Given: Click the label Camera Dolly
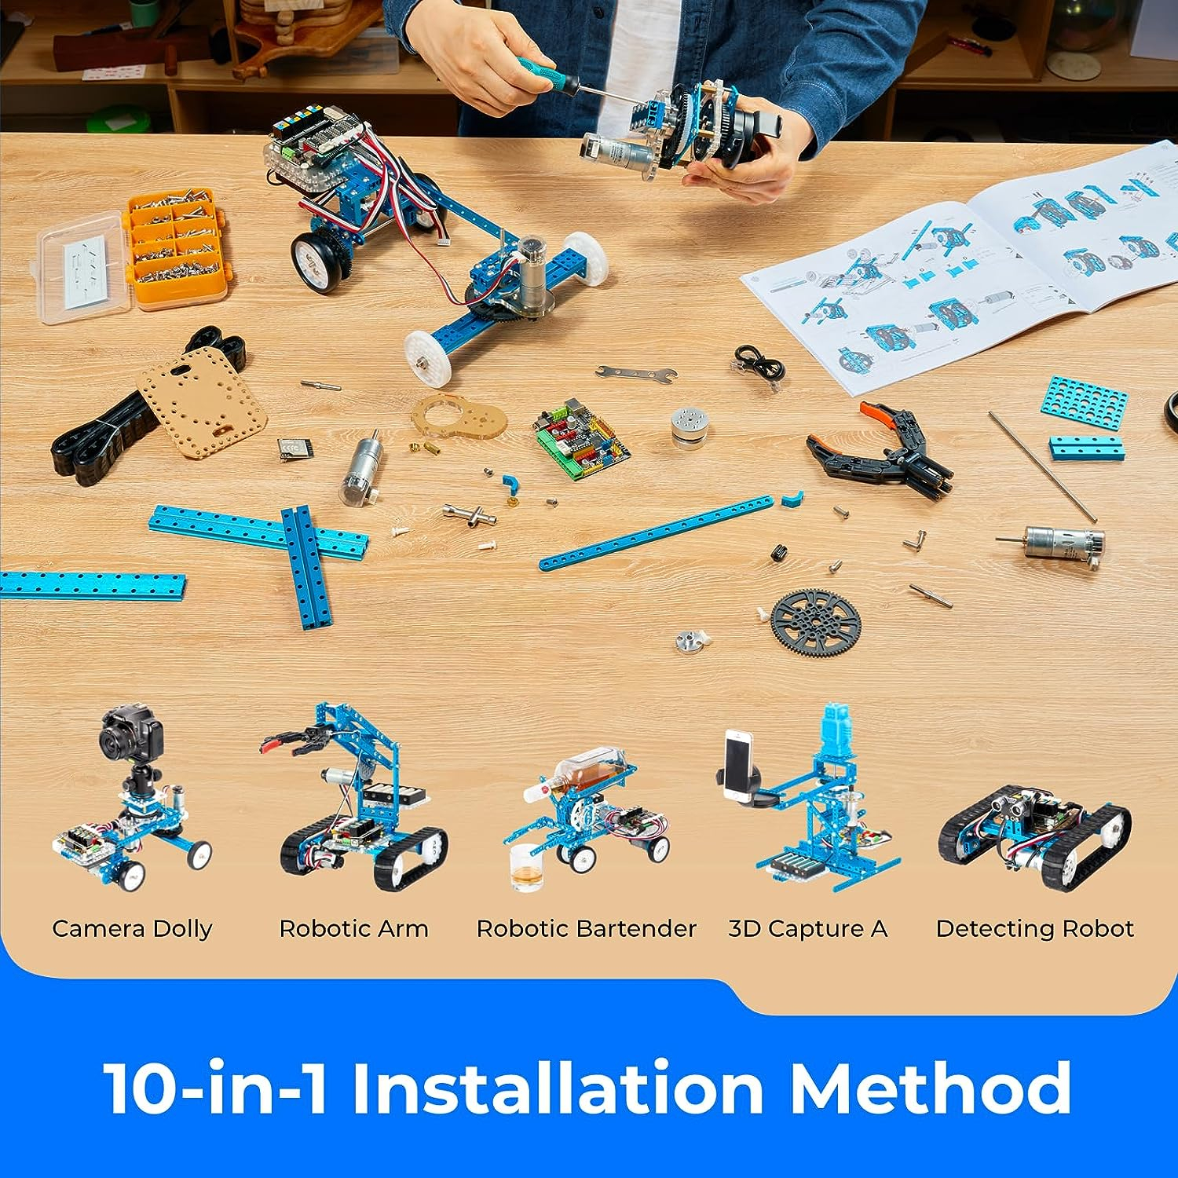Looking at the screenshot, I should pos(132,928).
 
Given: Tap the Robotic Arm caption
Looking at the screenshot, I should pos(353,928).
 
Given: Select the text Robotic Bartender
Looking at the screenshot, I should pos(586,928).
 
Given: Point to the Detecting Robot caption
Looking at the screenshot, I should pos(1034,928).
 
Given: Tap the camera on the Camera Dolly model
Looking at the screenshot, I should pos(130,730).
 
